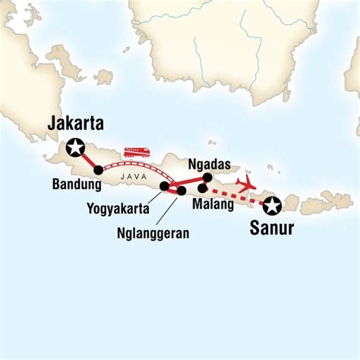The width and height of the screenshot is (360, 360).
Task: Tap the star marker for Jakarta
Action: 75,148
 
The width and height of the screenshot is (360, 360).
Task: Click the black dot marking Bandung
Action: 98,170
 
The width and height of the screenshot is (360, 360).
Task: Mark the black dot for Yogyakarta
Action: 165,186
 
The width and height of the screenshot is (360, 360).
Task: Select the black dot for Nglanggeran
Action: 181,191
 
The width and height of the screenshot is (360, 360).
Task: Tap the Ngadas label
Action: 207,163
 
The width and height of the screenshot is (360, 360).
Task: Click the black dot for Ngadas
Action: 207,178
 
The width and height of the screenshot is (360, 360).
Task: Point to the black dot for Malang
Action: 201,188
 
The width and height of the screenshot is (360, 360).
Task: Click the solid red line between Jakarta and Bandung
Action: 87,159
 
